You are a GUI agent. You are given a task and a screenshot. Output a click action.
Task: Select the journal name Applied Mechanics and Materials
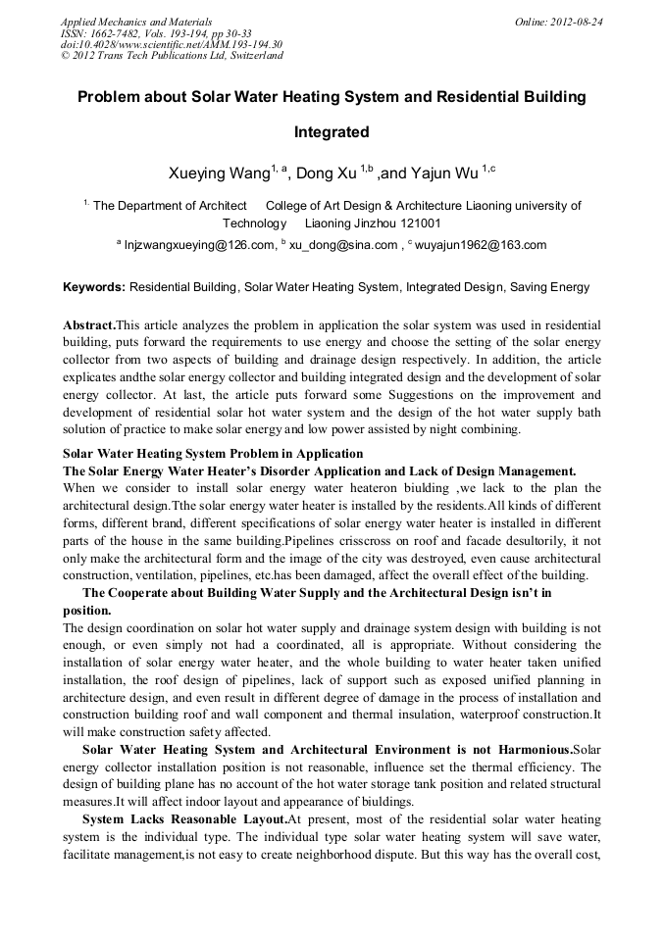(136, 22)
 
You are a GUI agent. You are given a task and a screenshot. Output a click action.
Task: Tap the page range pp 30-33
(226, 33)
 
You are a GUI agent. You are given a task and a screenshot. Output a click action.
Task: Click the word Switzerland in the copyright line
(254, 56)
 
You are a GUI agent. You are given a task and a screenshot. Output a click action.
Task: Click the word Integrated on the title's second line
(332, 131)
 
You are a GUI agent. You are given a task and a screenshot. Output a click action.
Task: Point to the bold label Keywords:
(94, 288)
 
